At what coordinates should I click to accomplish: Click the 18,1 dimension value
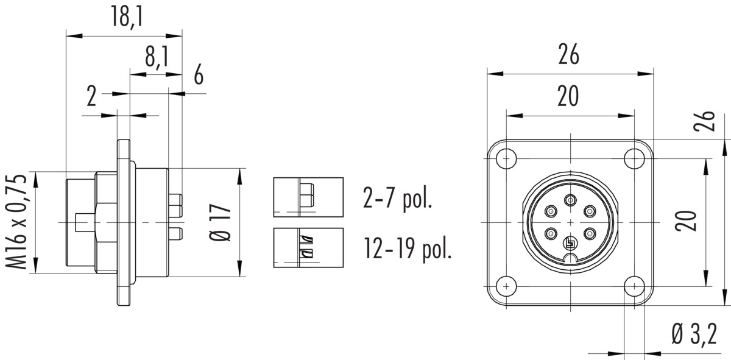[127, 16]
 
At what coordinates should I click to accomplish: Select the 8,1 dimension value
[157, 57]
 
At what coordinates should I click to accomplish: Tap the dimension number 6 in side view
[199, 75]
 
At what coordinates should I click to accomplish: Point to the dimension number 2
[91, 96]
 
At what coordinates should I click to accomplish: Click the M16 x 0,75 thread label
[16, 222]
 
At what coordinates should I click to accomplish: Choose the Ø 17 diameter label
[221, 222]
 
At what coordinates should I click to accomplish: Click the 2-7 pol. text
[397, 198]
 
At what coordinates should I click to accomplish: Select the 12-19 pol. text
[408, 249]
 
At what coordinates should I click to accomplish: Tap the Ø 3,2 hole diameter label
[694, 334]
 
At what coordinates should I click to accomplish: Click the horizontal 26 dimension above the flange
[568, 54]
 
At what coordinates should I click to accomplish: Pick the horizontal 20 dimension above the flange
[568, 96]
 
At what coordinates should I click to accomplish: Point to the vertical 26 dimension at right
[704, 121]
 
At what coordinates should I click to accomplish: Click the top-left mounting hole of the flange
[506, 159]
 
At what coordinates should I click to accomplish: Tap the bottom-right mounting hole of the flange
[634, 286]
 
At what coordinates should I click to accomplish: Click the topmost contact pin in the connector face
[570, 200]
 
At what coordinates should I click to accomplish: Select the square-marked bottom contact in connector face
[570, 243]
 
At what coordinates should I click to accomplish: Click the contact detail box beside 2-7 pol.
[308, 197]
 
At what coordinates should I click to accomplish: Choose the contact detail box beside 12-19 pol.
[308, 248]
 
